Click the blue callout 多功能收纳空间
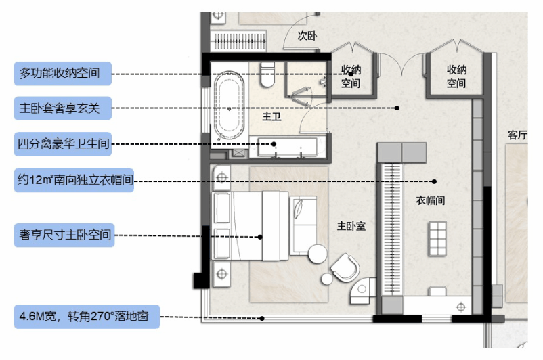click(63, 73)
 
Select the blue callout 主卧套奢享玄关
click(63, 108)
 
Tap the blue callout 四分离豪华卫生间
click(63, 143)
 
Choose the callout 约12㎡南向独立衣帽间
click(74, 180)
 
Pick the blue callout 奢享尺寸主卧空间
click(64, 235)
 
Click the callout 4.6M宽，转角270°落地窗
click(87, 317)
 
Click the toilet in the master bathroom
click(267, 74)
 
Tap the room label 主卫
click(272, 116)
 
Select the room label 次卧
click(307, 36)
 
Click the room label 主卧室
click(351, 226)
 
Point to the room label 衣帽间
click(431, 200)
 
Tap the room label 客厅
click(518, 135)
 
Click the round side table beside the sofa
click(318, 254)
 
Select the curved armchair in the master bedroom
click(345, 267)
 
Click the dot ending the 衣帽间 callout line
click(434, 181)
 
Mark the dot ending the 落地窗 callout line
click(262, 319)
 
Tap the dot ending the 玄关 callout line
click(397, 108)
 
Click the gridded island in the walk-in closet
click(438, 239)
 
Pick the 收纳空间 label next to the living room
click(456, 76)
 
